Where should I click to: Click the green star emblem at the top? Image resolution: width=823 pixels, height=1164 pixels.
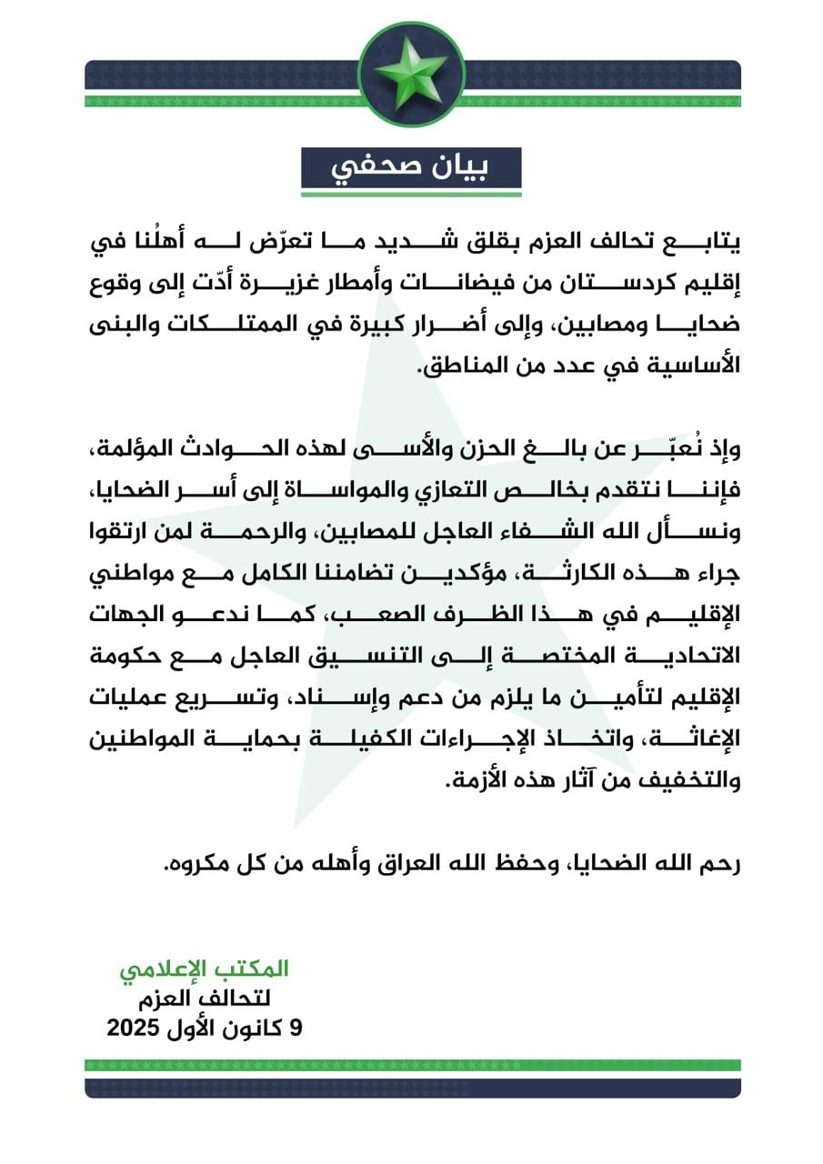(x=411, y=73)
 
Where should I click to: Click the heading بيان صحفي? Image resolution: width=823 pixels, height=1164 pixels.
(x=411, y=169)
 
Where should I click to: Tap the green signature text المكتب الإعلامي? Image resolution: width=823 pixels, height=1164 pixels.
(x=204, y=969)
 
